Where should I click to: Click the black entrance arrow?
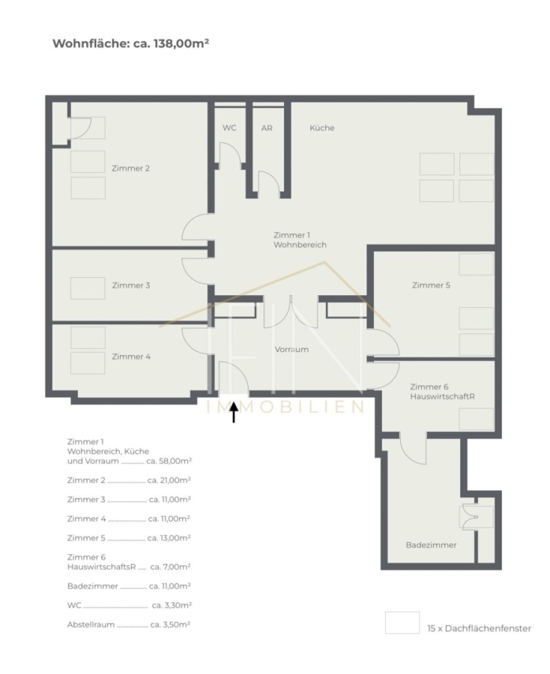click(x=234, y=412)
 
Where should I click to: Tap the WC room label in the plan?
click(x=229, y=127)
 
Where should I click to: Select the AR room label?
click(x=267, y=128)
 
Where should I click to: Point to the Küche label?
click(x=322, y=127)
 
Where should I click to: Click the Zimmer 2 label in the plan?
click(x=130, y=168)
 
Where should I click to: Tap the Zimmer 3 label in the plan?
click(x=130, y=285)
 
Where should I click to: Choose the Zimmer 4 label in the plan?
click(x=131, y=356)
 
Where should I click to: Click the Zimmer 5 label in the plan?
click(x=431, y=285)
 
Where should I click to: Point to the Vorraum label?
click(x=291, y=349)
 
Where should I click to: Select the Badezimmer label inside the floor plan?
click(x=432, y=545)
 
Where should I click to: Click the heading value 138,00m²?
click(x=181, y=43)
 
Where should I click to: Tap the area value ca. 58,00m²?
click(x=169, y=461)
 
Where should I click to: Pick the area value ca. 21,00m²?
click(x=169, y=480)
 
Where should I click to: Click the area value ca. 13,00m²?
click(x=169, y=538)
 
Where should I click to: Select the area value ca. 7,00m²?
click(x=171, y=567)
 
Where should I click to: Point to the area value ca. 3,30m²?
click(x=172, y=605)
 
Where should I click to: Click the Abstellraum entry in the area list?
click(x=91, y=625)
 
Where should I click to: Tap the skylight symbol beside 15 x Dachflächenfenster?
click(x=402, y=623)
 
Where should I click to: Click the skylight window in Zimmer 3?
click(x=88, y=288)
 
